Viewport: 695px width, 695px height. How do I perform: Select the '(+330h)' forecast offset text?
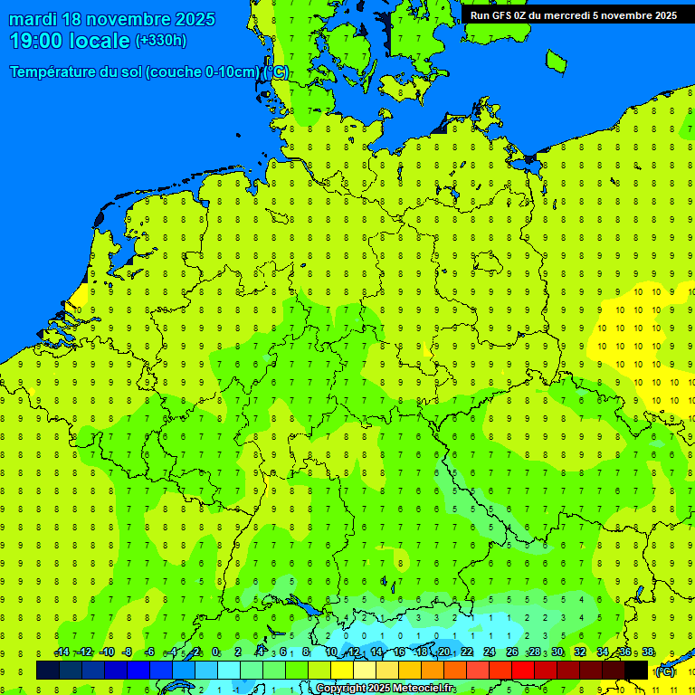(161, 41)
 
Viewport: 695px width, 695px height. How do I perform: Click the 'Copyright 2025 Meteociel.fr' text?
(386, 689)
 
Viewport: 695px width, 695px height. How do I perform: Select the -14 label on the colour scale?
(62, 652)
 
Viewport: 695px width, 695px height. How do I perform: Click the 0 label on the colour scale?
(215, 652)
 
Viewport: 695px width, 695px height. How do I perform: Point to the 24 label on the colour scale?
(490, 652)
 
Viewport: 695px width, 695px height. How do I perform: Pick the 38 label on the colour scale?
(648, 652)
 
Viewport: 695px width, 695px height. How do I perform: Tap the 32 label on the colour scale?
(580, 652)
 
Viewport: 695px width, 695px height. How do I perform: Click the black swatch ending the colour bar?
(636, 670)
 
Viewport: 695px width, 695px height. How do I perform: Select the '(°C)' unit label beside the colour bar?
(665, 671)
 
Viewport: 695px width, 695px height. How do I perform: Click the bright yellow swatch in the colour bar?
(342, 670)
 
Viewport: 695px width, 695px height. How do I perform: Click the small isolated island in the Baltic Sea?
(556, 61)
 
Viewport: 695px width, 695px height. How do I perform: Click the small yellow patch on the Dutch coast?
(80, 296)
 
